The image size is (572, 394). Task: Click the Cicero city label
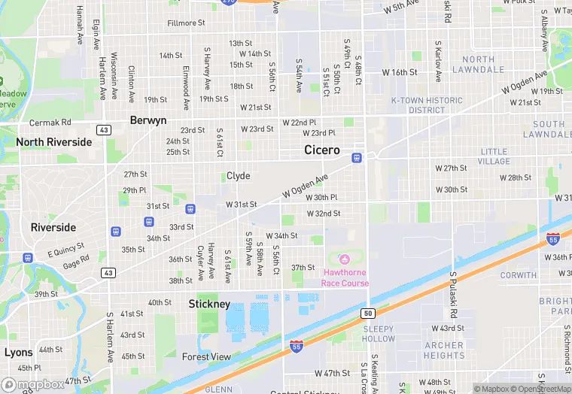[x=322, y=150]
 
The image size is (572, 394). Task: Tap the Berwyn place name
[x=148, y=120]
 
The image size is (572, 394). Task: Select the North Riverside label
[x=53, y=141]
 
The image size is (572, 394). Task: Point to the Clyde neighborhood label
[x=238, y=176]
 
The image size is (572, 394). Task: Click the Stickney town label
[x=208, y=304]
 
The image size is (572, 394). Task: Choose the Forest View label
[x=206, y=357]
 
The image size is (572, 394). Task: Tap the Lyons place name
[x=18, y=352]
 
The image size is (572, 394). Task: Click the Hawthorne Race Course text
[x=345, y=277]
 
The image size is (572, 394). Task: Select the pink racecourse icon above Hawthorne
[x=345, y=259]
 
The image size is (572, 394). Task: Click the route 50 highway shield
[x=367, y=313]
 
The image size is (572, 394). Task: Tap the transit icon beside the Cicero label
[x=357, y=158]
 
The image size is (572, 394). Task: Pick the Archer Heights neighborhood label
[x=444, y=350]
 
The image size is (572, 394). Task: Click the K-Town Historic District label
[x=427, y=105]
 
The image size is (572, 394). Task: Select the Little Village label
[x=494, y=156]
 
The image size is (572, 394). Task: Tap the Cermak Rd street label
[x=50, y=123]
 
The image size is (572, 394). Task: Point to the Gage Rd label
[x=76, y=264]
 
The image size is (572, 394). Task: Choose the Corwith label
[x=518, y=275]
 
